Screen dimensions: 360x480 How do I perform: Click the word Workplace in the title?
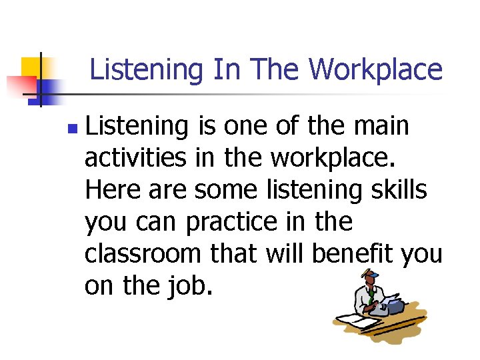pyautogui.click(x=375, y=69)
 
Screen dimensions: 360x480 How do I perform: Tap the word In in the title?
pyautogui.click(x=226, y=69)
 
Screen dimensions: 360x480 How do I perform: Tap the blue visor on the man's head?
pyautogui.click(x=371, y=274)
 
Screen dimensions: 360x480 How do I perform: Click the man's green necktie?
pyautogui.click(x=369, y=299)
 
